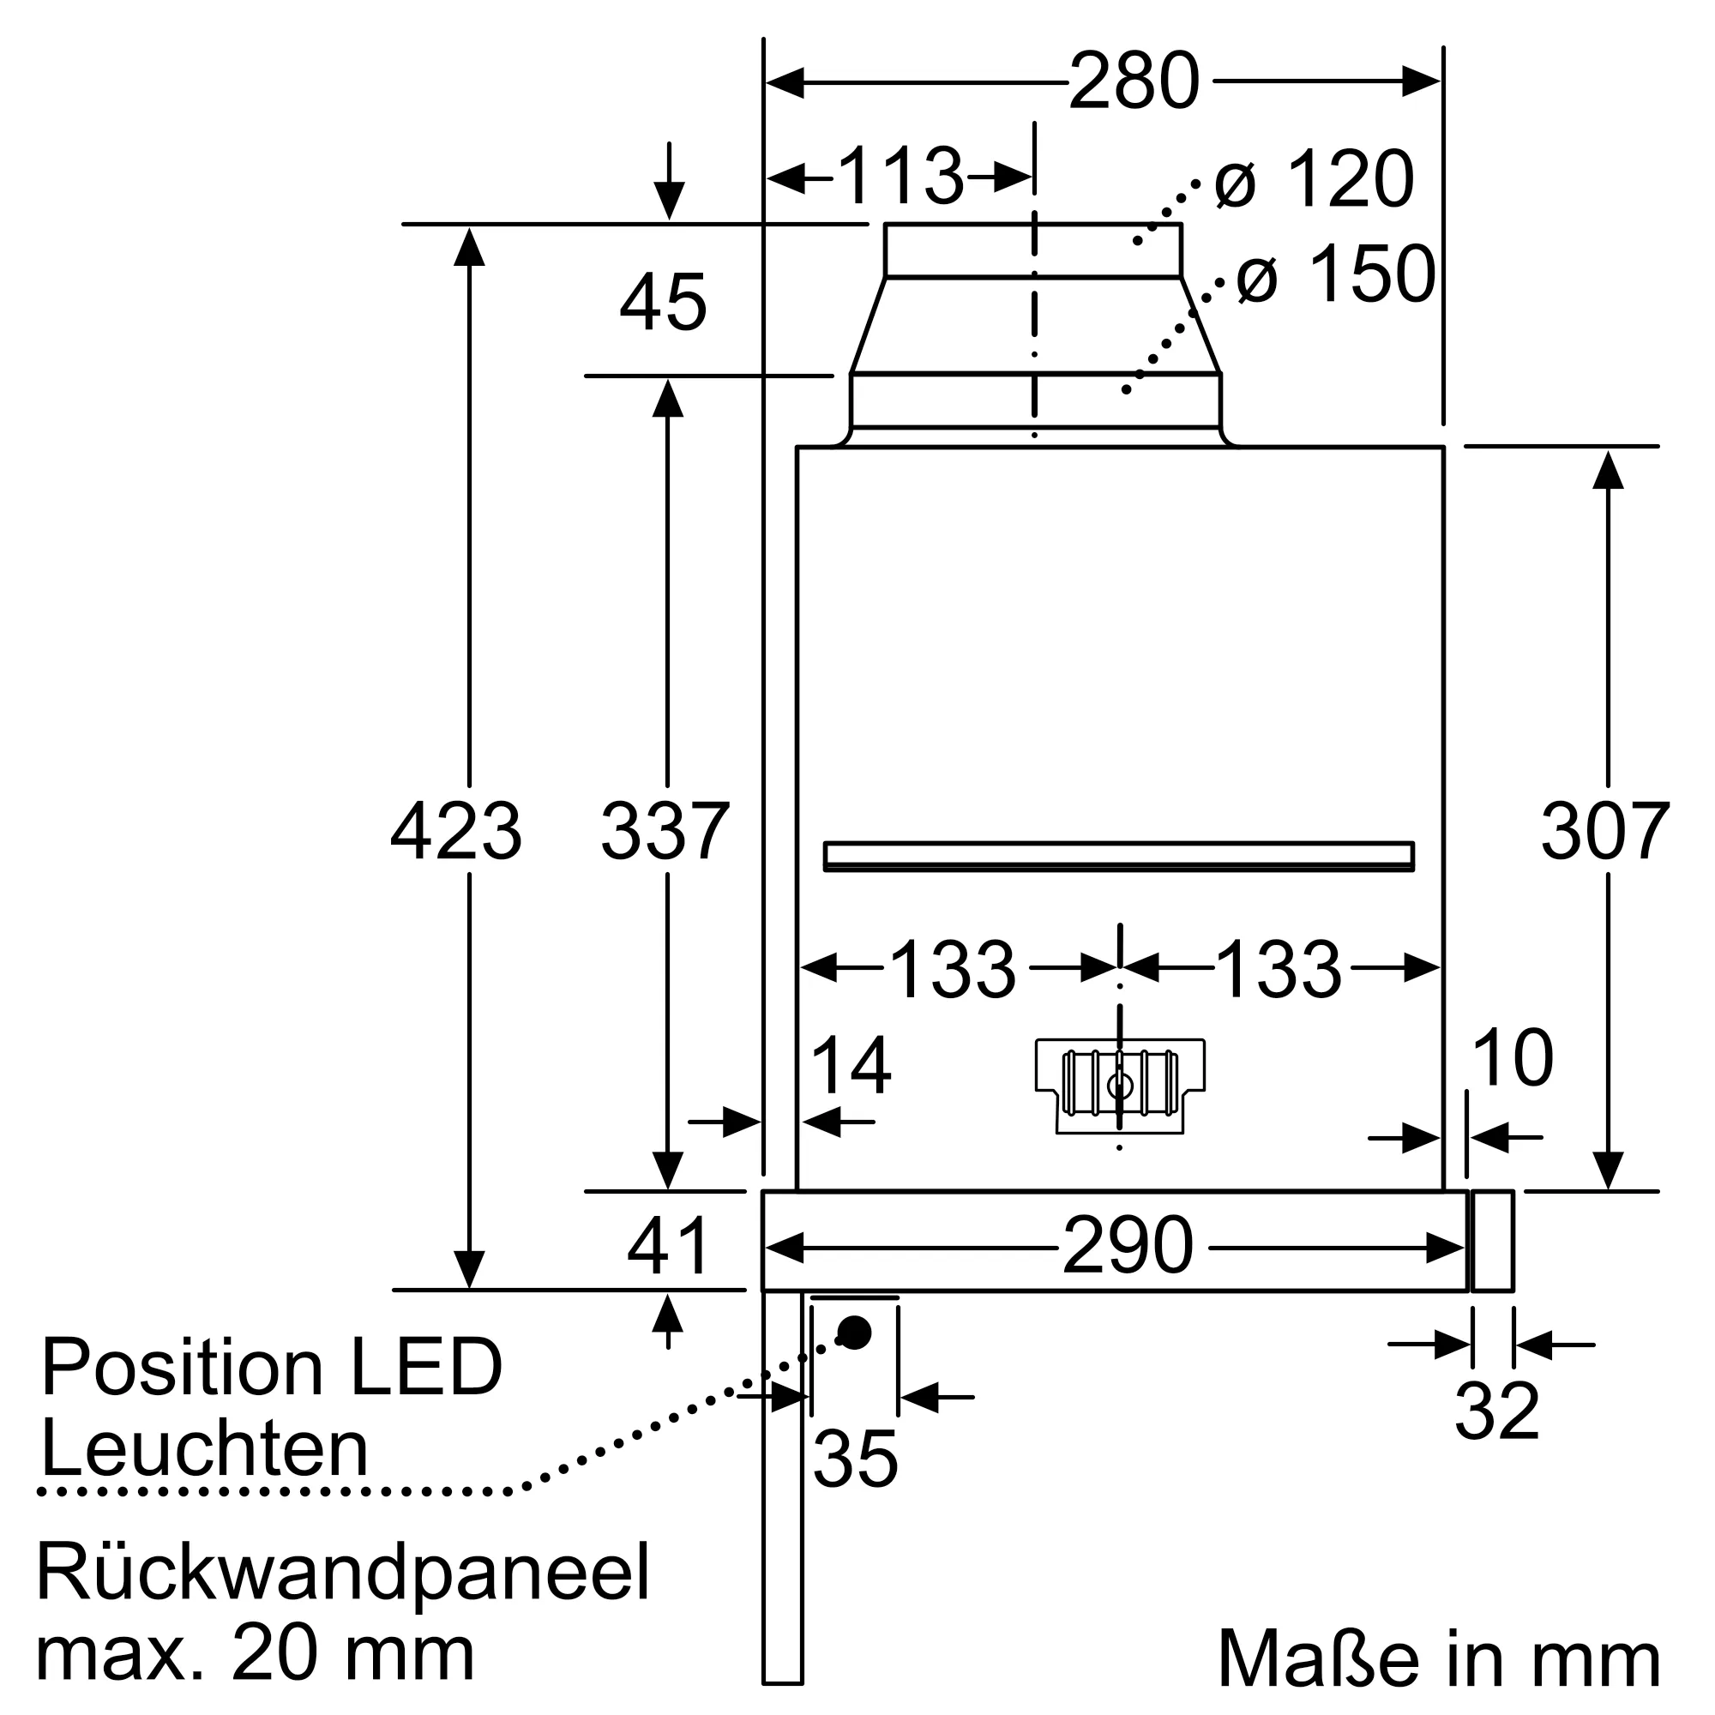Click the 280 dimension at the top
point(1134,82)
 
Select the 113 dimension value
point(900,177)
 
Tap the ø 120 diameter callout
point(1314,180)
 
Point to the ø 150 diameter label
point(1335,274)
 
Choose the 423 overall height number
point(455,832)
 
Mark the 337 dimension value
point(665,832)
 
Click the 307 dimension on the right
point(1605,832)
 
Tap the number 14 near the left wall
point(851,1067)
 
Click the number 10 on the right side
point(1512,1058)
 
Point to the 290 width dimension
point(1128,1246)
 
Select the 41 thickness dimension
point(667,1246)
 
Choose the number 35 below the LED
point(855,1459)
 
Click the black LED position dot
point(855,1333)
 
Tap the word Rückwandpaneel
point(344,1572)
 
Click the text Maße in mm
point(1438,1658)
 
